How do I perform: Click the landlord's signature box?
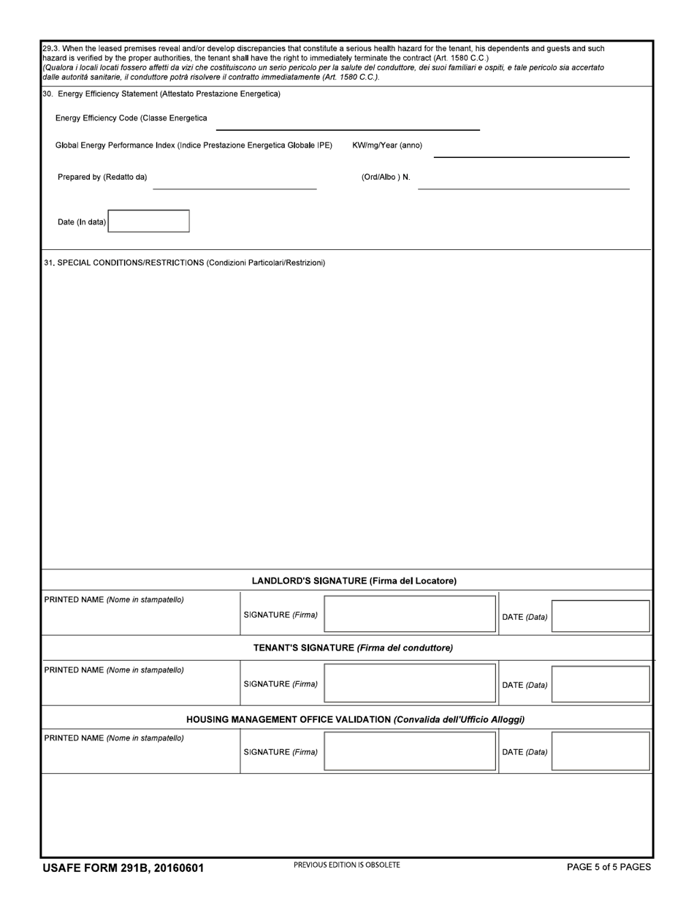click(x=410, y=614)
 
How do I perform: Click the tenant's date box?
click(x=600, y=684)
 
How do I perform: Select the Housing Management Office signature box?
click(x=410, y=752)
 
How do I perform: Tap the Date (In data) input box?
click(x=149, y=221)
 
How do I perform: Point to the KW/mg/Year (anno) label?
click(x=387, y=145)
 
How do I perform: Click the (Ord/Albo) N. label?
click(x=386, y=177)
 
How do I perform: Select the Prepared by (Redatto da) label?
click(x=102, y=177)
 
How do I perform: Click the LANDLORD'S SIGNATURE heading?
click(x=354, y=581)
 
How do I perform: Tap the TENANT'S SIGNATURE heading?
click(x=353, y=648)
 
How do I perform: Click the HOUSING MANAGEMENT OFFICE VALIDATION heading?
click(x=355, y=720)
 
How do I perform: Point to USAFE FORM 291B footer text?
click(x=123, y=868)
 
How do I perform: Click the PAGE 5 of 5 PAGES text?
click(x=609, y=868)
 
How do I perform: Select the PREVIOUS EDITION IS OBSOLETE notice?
click(x=347, y=865)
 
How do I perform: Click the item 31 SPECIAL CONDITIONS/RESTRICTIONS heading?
click(x=185, y=262)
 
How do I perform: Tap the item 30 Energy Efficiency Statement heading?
click(x=161, y=94)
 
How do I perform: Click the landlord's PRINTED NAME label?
click(x=114, y=600)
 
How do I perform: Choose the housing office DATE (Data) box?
click(x=600, y=752)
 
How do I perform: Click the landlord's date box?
click(x=600, y=616)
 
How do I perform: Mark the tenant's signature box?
click(x=410, y=683)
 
